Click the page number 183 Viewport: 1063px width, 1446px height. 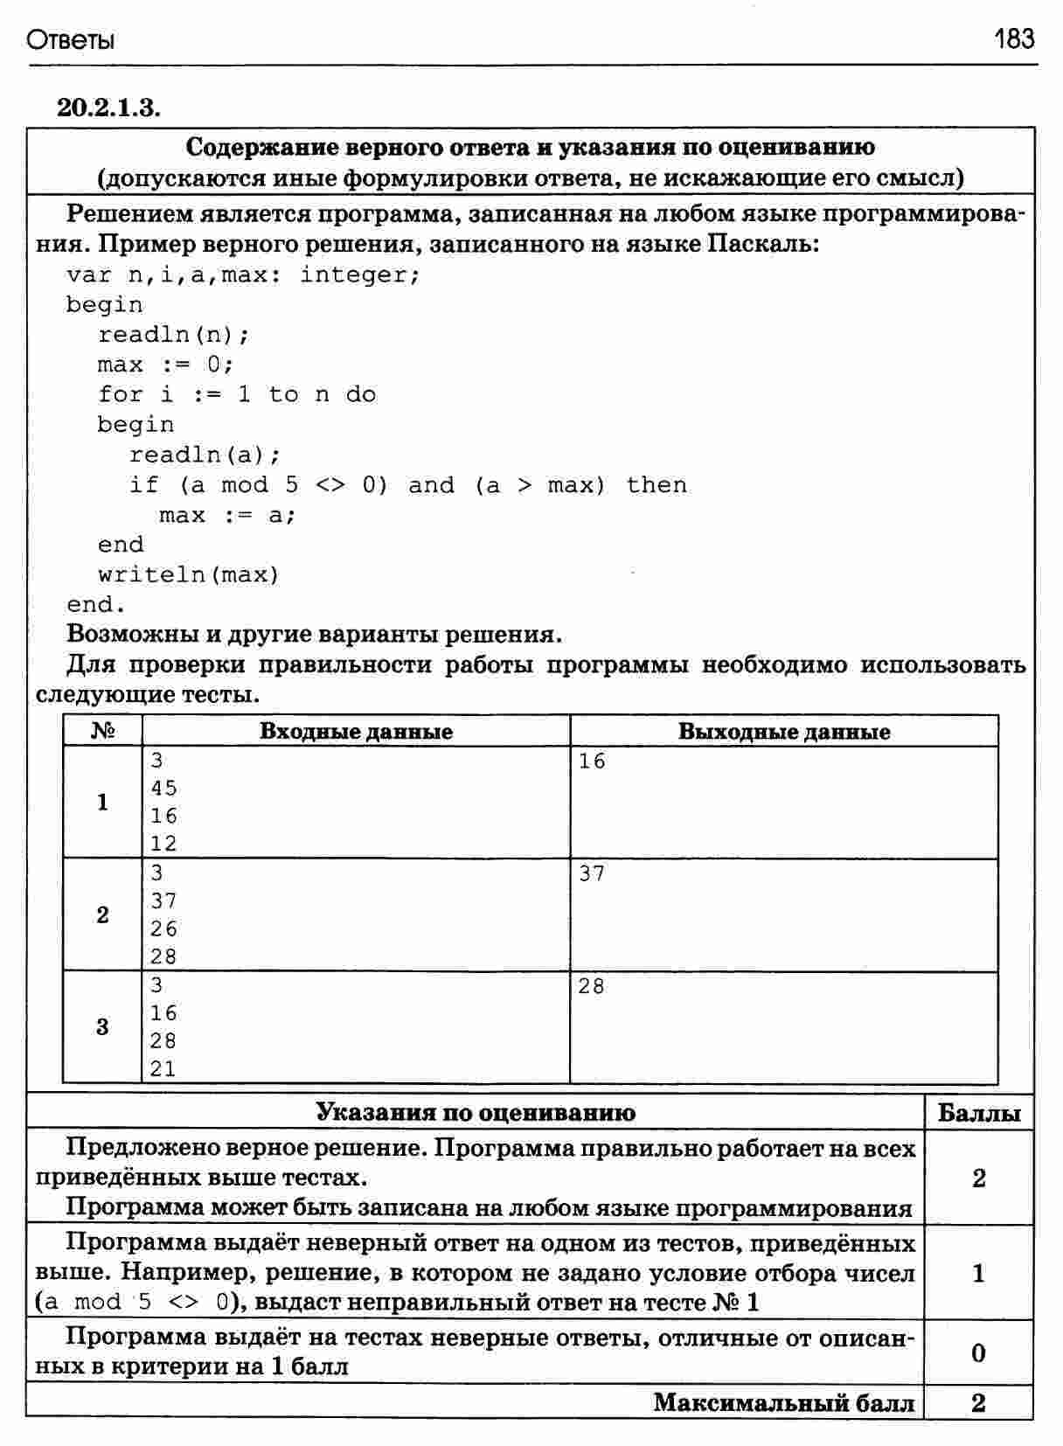(1014, 39)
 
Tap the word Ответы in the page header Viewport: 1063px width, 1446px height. (71, 41)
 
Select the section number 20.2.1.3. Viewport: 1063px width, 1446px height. (108, 108)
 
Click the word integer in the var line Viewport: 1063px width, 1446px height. (358, 275)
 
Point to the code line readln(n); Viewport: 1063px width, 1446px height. (173, 335)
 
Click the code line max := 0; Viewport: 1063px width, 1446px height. (165, 365)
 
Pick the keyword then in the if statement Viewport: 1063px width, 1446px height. (657, 485)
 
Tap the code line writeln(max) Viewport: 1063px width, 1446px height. (188, 575)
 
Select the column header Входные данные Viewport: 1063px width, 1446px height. (356, 732)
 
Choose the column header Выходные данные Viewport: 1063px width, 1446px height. (783, 732)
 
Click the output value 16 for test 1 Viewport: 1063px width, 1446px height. (592, 761)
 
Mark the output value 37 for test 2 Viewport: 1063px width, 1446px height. (592, 873)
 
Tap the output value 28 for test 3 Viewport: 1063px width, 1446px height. (592, 986)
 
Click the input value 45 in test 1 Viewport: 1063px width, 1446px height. (163, 789)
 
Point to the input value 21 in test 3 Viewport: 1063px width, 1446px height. (163, 1068)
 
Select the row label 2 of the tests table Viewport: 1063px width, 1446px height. (102, 915)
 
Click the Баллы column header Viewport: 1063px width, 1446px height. (978, 1113)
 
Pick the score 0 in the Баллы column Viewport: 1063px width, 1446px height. (978, 1353)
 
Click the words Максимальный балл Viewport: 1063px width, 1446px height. (783, 1403)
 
